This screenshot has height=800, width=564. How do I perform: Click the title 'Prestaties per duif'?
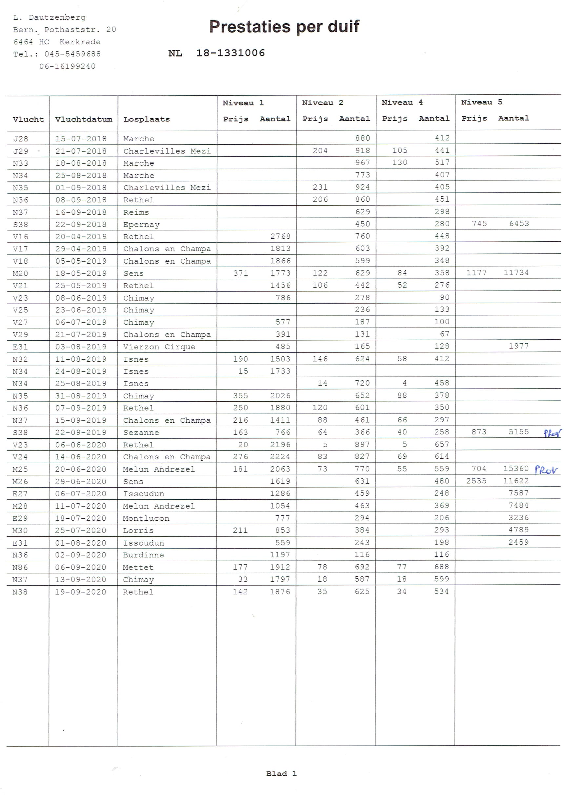point(284,27)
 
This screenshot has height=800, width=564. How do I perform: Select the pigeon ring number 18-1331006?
point(231,53)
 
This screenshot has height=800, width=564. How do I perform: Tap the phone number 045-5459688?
point(72,54)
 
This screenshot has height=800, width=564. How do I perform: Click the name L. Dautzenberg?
point(49,17)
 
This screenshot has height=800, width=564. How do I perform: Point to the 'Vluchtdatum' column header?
point(84,119)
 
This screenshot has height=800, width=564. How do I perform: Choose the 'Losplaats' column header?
point(146,119)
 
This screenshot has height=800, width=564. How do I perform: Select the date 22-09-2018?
point(81,224)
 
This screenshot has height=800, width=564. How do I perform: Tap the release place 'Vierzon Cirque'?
point(159,347)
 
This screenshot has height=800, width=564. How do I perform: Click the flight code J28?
point(21,139)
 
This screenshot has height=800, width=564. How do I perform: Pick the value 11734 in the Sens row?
point(516,272)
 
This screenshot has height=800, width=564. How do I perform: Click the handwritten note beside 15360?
point(546,470)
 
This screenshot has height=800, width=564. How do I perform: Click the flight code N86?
point(20,567)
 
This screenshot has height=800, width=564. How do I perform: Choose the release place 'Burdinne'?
point(143,555)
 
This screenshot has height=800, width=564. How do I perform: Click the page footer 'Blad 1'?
point(281,773)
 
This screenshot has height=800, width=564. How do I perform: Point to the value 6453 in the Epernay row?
point(519,223)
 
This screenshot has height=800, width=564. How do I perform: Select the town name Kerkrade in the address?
point(80,42)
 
